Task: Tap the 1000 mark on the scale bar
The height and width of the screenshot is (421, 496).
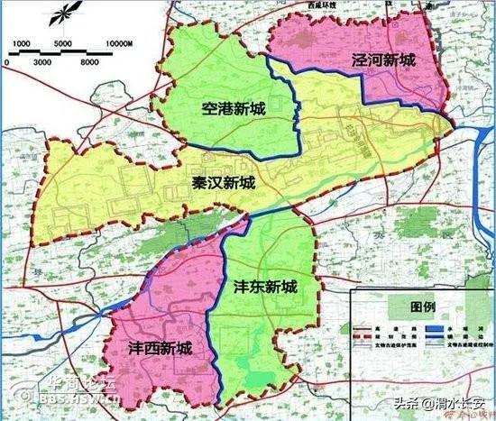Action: pyautogui.click(x=23, y=43)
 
